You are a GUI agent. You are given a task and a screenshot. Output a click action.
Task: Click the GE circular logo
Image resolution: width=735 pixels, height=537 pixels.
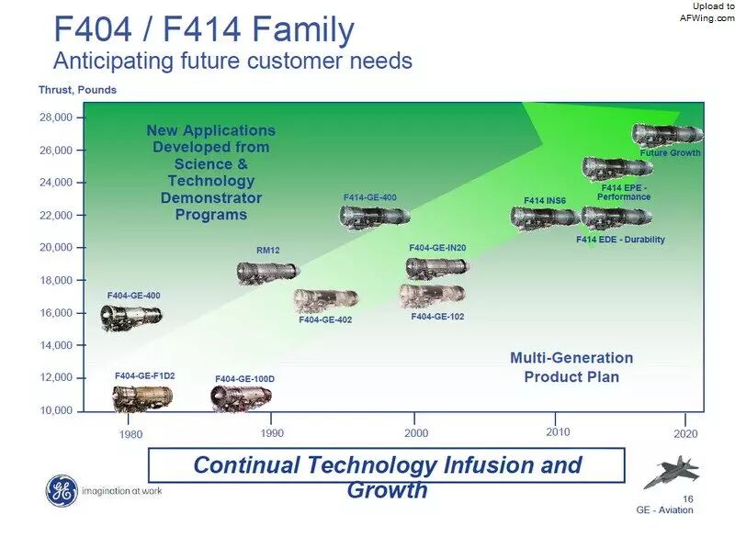tap(62, 491)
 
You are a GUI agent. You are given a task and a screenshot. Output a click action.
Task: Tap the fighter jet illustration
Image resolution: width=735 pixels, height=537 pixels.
tap(672, 472)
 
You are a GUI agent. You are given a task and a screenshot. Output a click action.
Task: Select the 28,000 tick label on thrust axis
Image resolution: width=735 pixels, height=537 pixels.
tap(56, 117)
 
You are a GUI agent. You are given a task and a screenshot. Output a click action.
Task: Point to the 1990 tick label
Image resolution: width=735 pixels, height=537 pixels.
tap(272, 433)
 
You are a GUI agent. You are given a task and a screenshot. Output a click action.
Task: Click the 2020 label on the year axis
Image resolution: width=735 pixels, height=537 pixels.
tap(685, 434)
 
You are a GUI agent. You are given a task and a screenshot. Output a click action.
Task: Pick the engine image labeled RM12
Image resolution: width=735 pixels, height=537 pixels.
tap(267, 273)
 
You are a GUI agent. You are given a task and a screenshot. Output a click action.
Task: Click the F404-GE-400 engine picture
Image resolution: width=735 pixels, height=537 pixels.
tap(130, 317)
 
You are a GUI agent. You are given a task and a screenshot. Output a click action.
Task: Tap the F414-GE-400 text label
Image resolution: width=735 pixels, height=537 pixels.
tap(370, 197)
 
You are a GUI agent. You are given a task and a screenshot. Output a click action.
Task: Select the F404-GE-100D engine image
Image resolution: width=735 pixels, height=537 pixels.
tap(241, 398)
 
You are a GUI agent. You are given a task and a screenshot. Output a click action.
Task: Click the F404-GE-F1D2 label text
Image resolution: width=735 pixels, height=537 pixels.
tap(145, 376)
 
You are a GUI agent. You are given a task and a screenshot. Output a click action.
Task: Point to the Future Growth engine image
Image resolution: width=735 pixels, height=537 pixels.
tap(668, 135)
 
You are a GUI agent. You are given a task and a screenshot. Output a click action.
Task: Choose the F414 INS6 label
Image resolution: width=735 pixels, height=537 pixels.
tap(545, 200)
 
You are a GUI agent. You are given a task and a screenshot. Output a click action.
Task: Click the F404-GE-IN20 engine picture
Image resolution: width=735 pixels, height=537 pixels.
tap(437, 267)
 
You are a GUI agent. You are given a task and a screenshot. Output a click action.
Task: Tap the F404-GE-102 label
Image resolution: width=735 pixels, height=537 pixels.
tap(438, 317)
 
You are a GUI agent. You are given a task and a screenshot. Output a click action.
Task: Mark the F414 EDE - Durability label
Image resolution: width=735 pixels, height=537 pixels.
tap(621, 240)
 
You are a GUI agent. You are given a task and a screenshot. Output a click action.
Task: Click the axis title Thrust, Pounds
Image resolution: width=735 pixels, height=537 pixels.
tap(77, 90)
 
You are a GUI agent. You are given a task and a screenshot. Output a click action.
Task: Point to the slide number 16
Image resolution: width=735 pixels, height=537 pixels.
tap(687, 499)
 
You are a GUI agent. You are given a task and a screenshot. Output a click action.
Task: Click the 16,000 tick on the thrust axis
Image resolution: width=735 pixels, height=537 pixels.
tap(56, 313)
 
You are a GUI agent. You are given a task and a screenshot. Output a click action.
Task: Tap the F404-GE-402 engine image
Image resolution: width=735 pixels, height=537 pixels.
tap(326, 300)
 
